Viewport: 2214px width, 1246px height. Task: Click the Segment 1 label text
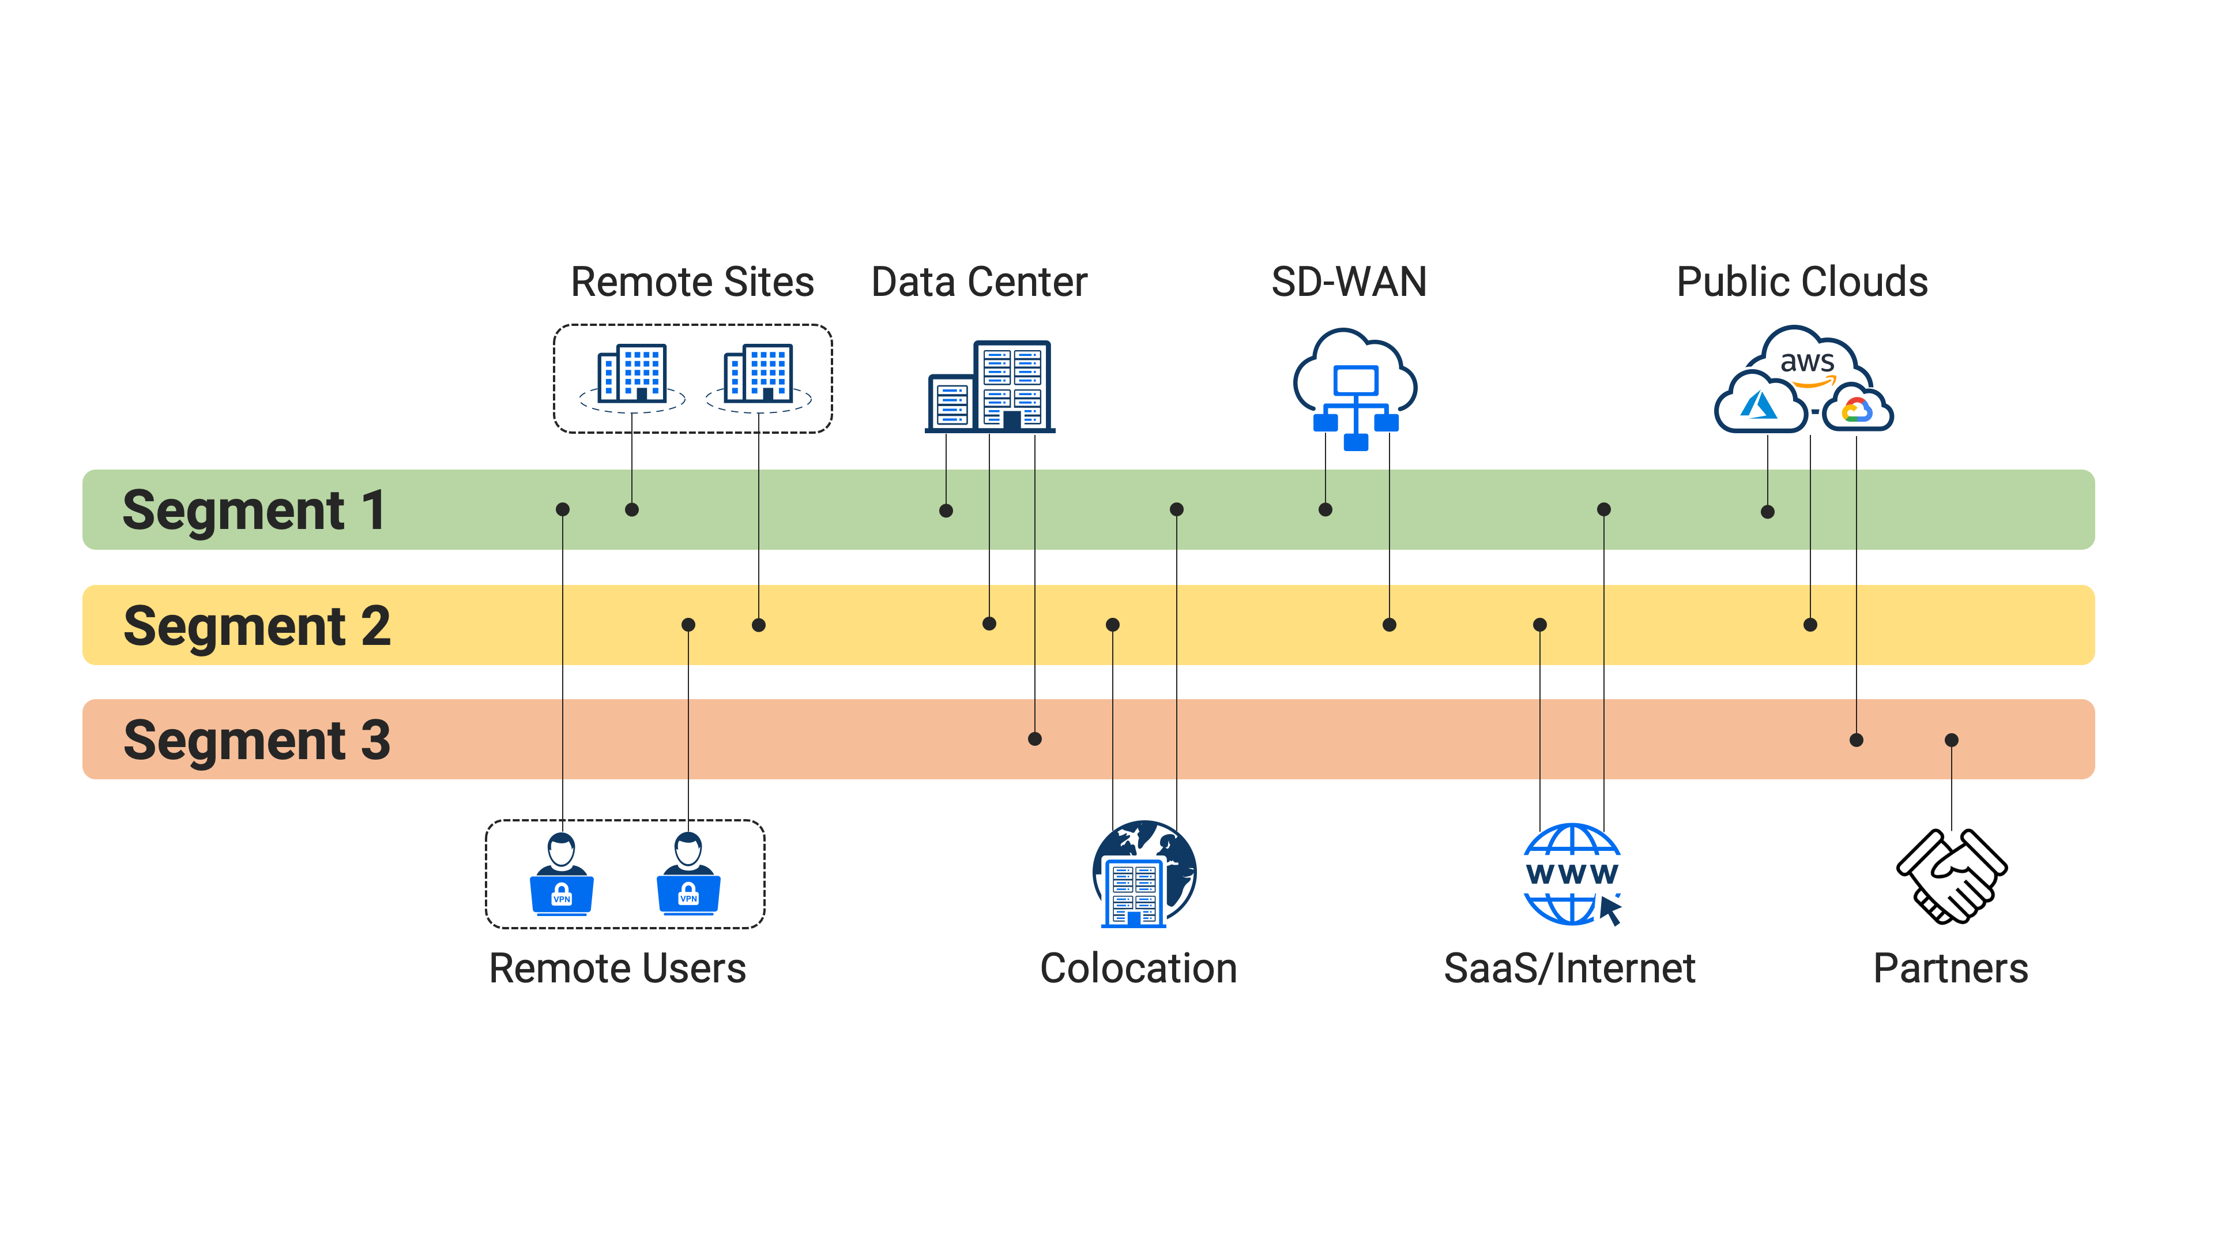click(x=254, y=510)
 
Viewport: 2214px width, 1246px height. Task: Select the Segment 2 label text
click(x=257, y=625)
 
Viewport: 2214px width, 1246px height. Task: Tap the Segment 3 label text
click(x=257, y=740)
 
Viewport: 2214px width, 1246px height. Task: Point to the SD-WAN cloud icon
click(x=1355, y=388)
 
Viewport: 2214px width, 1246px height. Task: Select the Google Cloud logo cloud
click(x=1857, y=410)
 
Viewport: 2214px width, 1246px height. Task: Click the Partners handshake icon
click(x=1951, y=876)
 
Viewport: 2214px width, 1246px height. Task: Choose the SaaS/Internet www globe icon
click(x=1572, y=875)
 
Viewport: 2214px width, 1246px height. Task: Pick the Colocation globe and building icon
click(x=1143, y=875)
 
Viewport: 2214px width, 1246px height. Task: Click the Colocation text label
click(x=1138, y=969)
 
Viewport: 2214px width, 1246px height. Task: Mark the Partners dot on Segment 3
click(x=1952, y=740)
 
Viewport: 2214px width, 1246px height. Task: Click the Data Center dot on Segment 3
click(x=1035, y=738)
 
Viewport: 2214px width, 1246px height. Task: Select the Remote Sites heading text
click(x=692, y=282)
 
